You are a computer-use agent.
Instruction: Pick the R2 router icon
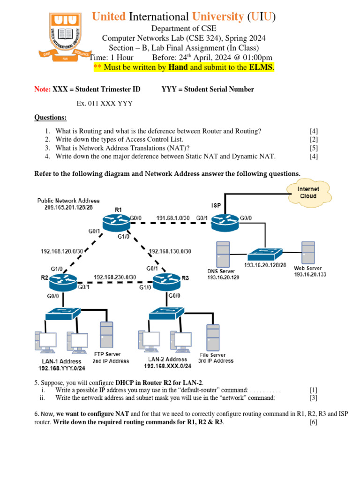click(63, 281)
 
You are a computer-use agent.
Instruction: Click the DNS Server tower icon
click(223, 255)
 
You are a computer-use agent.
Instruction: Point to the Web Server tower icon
click(308, 255)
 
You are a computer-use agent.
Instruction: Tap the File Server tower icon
click(213, 337)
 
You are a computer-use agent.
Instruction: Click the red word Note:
click(43, 89)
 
